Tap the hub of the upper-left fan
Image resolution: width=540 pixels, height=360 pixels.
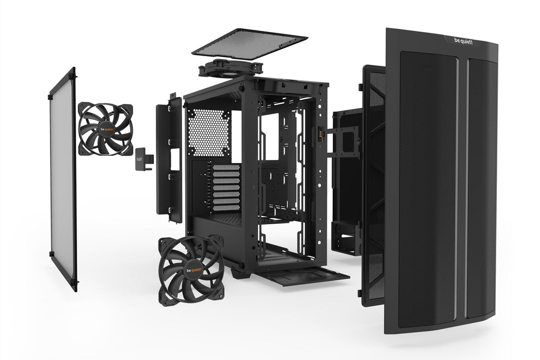point(105,129)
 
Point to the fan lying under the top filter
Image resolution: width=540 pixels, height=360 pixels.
point(230,68)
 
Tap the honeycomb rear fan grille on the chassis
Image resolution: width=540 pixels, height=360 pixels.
point(209,132)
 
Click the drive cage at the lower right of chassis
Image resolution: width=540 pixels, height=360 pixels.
point(344,237)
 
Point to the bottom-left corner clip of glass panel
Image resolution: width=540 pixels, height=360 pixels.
point(52,254)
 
